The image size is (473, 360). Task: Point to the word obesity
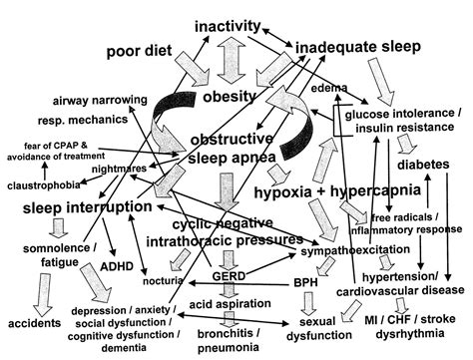[x=230, y=99]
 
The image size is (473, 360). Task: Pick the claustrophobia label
[x=46, y=185]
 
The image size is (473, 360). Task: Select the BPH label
[x=304, y=284]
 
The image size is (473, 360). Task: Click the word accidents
[x=35, y=324]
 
